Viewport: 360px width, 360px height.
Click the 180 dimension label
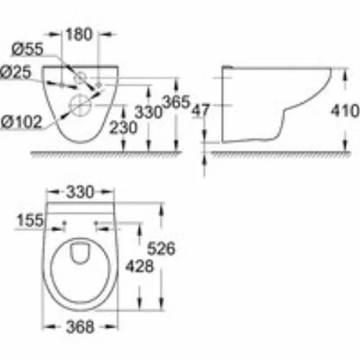click(x=79, y=35)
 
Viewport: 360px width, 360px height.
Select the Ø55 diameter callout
click(x=27, y=49)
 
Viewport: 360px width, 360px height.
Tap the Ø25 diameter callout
click(x=16, y=72)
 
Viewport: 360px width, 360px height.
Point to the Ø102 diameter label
click(x=22, y=122)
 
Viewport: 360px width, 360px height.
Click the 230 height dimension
click(x=123, y=127)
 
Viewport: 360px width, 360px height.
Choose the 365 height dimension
click(x=176, y=102)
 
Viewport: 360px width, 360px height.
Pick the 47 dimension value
click(x=201, y=111)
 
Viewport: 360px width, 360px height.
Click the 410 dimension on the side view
click(x=345, y=111)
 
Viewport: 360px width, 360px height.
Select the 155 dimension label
click(x=30, y=220)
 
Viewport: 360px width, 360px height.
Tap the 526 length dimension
click(x=161, y=248)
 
